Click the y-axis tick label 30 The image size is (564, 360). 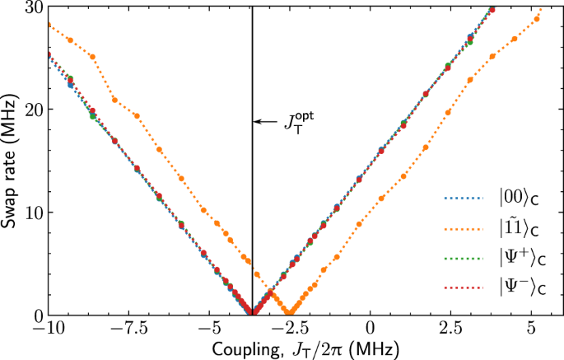click(33, 7)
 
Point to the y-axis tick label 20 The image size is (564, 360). click(33, 110)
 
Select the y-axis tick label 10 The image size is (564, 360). click(33, 213)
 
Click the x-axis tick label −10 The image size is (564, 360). click(49, 328)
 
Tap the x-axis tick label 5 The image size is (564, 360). click(531, 328)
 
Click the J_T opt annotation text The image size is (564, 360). click(299, 122)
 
